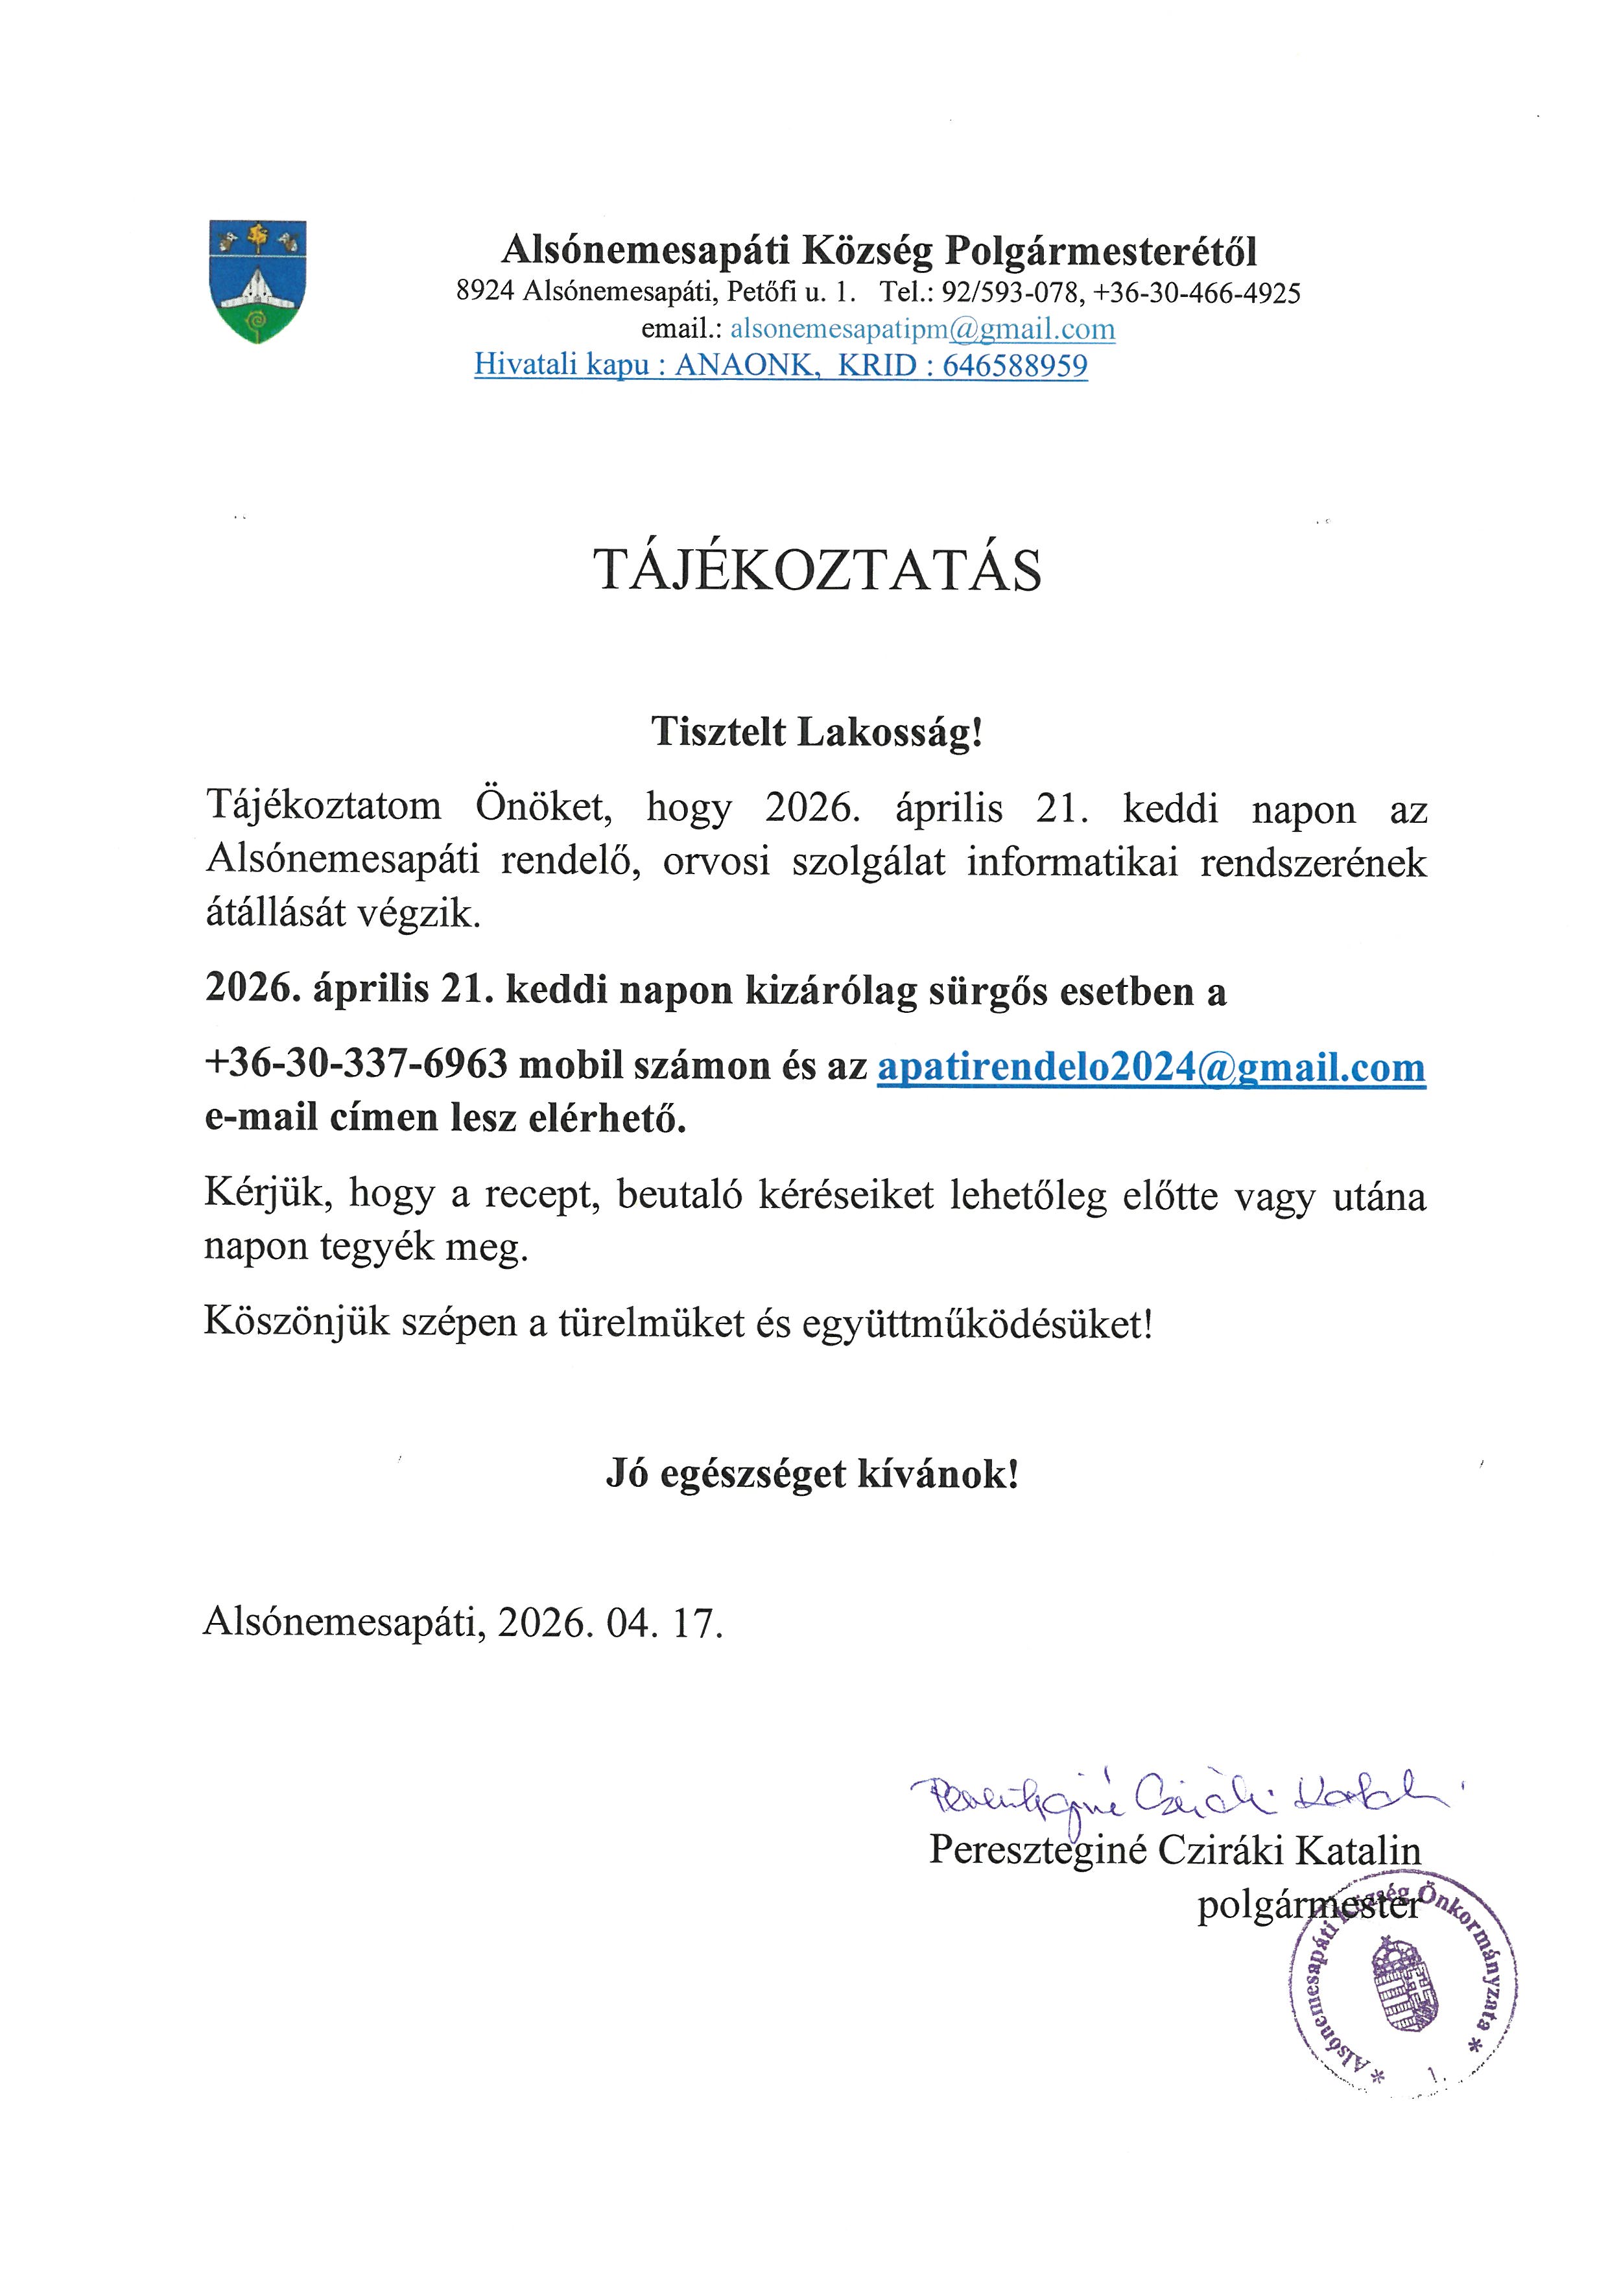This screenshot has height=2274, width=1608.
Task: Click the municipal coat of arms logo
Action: (257, 281)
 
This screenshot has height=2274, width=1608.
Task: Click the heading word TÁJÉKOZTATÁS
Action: (817, 571)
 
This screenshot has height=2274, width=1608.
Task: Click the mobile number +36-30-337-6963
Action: (357, 1067)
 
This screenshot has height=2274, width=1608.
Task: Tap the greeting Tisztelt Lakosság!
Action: (817, 732)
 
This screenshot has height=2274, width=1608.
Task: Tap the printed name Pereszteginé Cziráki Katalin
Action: (1174, 1850)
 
